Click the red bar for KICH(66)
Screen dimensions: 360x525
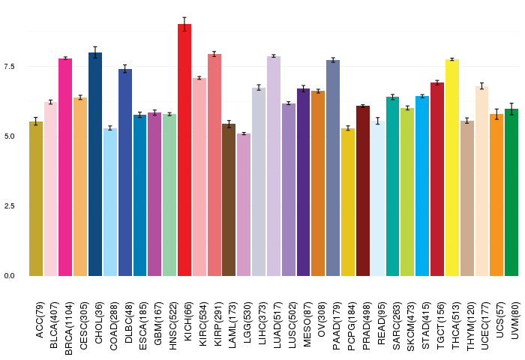click(x=184, y=150)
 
